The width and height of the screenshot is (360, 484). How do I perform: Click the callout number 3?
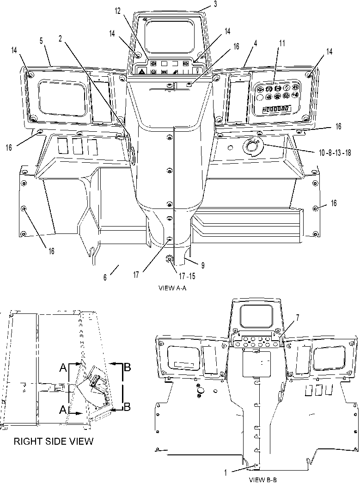(x=215, y=4)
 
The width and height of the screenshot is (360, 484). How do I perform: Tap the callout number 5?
(x=41, y=41)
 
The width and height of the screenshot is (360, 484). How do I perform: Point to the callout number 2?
(x=60, y=38)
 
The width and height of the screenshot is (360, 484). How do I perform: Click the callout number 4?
(x=255, y=43)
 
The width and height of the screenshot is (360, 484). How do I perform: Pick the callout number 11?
(x=282, y=43)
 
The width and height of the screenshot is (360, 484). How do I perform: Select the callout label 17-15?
(x=187, y=276)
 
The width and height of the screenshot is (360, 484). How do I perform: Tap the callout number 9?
(x=203, y=265)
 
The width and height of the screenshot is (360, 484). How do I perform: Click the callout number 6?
(x=105, y=277)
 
